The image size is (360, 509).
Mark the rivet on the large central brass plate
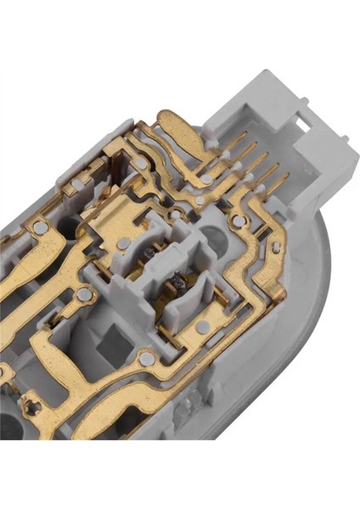pos(125,243)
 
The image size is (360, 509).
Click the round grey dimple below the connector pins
pos(239,221)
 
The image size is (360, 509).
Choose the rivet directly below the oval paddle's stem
pos(206,179)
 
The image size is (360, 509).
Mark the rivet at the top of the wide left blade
pos(41,227)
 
